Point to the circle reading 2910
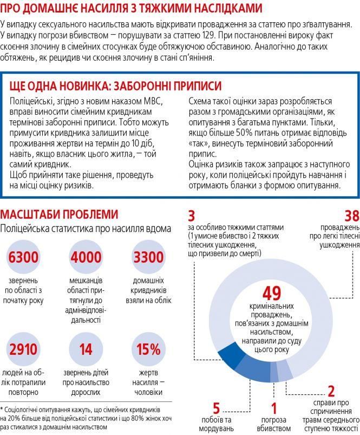click(23, 349)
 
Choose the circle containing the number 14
click(86, 349)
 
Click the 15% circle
click(148, 349)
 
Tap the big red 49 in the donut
click(271, 294)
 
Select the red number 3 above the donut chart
click(192, 216)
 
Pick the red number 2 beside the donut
click(331, 391)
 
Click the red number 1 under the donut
click(274, 408)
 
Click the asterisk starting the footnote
click(3, 410)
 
